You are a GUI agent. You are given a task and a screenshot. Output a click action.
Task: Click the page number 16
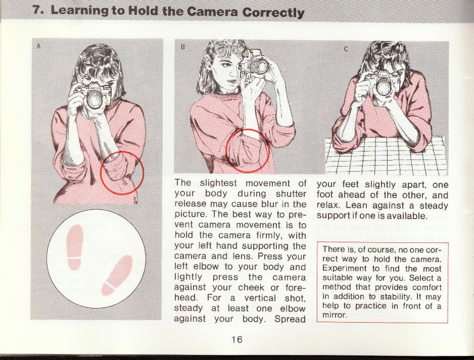tap(237, 339)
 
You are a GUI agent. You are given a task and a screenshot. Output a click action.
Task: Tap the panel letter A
tap(38, 46)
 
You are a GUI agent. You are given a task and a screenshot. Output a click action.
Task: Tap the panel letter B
tap(182, 47)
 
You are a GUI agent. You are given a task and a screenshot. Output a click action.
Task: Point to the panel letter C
tap(347, 48)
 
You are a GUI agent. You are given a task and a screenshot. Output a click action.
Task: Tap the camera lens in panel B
tap(259, 67)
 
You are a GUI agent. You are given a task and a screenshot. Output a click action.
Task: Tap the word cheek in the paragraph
tap(251, 287)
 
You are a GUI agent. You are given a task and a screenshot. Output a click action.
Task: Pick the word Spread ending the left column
tap(290, 319)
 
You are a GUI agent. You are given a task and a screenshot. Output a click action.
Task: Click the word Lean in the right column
tap(356, 205)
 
